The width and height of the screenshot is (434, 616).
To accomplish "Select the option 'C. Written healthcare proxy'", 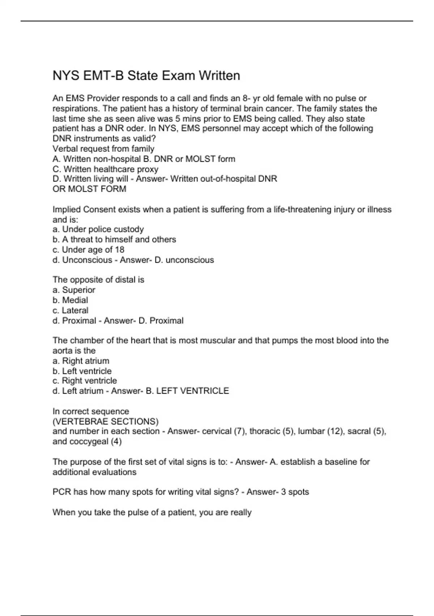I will point(105,169).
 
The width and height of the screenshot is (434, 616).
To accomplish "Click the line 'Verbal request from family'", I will point(103,149).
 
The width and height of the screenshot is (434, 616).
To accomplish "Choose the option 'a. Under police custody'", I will point(98,229).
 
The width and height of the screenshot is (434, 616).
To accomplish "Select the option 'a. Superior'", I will point(74,290).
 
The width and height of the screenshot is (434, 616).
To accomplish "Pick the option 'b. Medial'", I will point(70,300).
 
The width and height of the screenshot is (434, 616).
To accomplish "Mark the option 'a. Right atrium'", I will point(81,361).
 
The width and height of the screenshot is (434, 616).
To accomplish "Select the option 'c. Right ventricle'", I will point(85,381).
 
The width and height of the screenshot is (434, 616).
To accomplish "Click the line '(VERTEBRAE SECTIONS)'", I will point(105,421).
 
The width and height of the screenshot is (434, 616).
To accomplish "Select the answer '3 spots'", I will point(295,492).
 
